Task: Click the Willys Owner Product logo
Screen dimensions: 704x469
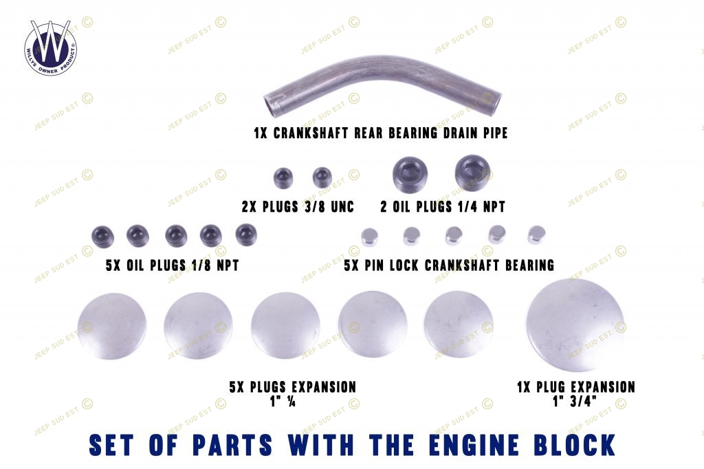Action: pyautogui.click(x=50, y=47)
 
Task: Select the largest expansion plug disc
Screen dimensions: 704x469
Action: pyautogui.click(x=575, y=325)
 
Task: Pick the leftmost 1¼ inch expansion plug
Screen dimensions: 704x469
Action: pyautogui.click(x=112, y=326)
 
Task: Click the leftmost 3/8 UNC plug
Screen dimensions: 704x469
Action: pyautogui.click(x=283, y=178)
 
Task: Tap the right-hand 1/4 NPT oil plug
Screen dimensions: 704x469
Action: pyautogui.click(x=473, y=173)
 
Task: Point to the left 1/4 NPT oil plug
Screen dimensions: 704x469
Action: pyautogui.click(x=410, y=175)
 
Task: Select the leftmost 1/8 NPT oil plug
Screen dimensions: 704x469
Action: pyautogui.click(x=103, y=237)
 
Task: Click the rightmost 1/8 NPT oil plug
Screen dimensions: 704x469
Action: pyautogui.click(x=246, y=235)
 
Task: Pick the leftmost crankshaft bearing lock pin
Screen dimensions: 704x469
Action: pyautogui.click(x=370, y=237)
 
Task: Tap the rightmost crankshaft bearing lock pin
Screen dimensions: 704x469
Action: pyautogui.click(x=536, y=235)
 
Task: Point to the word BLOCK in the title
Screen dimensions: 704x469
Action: pyautogui.click(x=575, y=445)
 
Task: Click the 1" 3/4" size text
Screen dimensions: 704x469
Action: pyautogui.click(x=575, y=401)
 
